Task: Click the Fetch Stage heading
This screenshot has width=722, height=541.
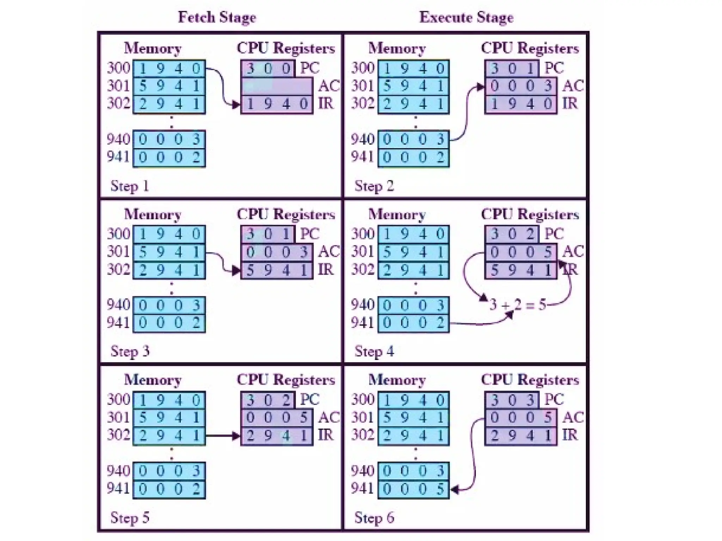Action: tap(217, 17)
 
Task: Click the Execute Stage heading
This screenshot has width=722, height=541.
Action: tap(466, 17)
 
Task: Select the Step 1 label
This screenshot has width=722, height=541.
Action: tap(129, 186)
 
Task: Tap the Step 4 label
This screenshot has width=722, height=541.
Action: tap(374, 352)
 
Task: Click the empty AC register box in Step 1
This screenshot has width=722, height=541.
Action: tap(277, 86)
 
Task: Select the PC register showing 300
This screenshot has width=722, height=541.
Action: tap(268, 68)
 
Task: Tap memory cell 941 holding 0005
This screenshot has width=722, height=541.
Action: tap(414, 489)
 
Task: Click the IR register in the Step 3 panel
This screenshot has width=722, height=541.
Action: tap(277, 270)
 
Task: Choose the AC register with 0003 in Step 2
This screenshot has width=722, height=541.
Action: tap(521, 86)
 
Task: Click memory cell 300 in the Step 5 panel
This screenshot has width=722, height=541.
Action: tap(169, 400)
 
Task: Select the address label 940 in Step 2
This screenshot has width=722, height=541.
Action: tap(362, 139)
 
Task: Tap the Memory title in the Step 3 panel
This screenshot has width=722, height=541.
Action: tap(153, 214)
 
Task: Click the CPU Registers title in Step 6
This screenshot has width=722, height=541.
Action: tap(530, 380)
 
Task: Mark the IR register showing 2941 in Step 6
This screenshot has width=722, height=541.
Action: tap(521, 436)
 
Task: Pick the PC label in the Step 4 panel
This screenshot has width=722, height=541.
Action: tap(554, 234)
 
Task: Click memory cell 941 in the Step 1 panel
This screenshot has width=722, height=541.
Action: tap(169, 157)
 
